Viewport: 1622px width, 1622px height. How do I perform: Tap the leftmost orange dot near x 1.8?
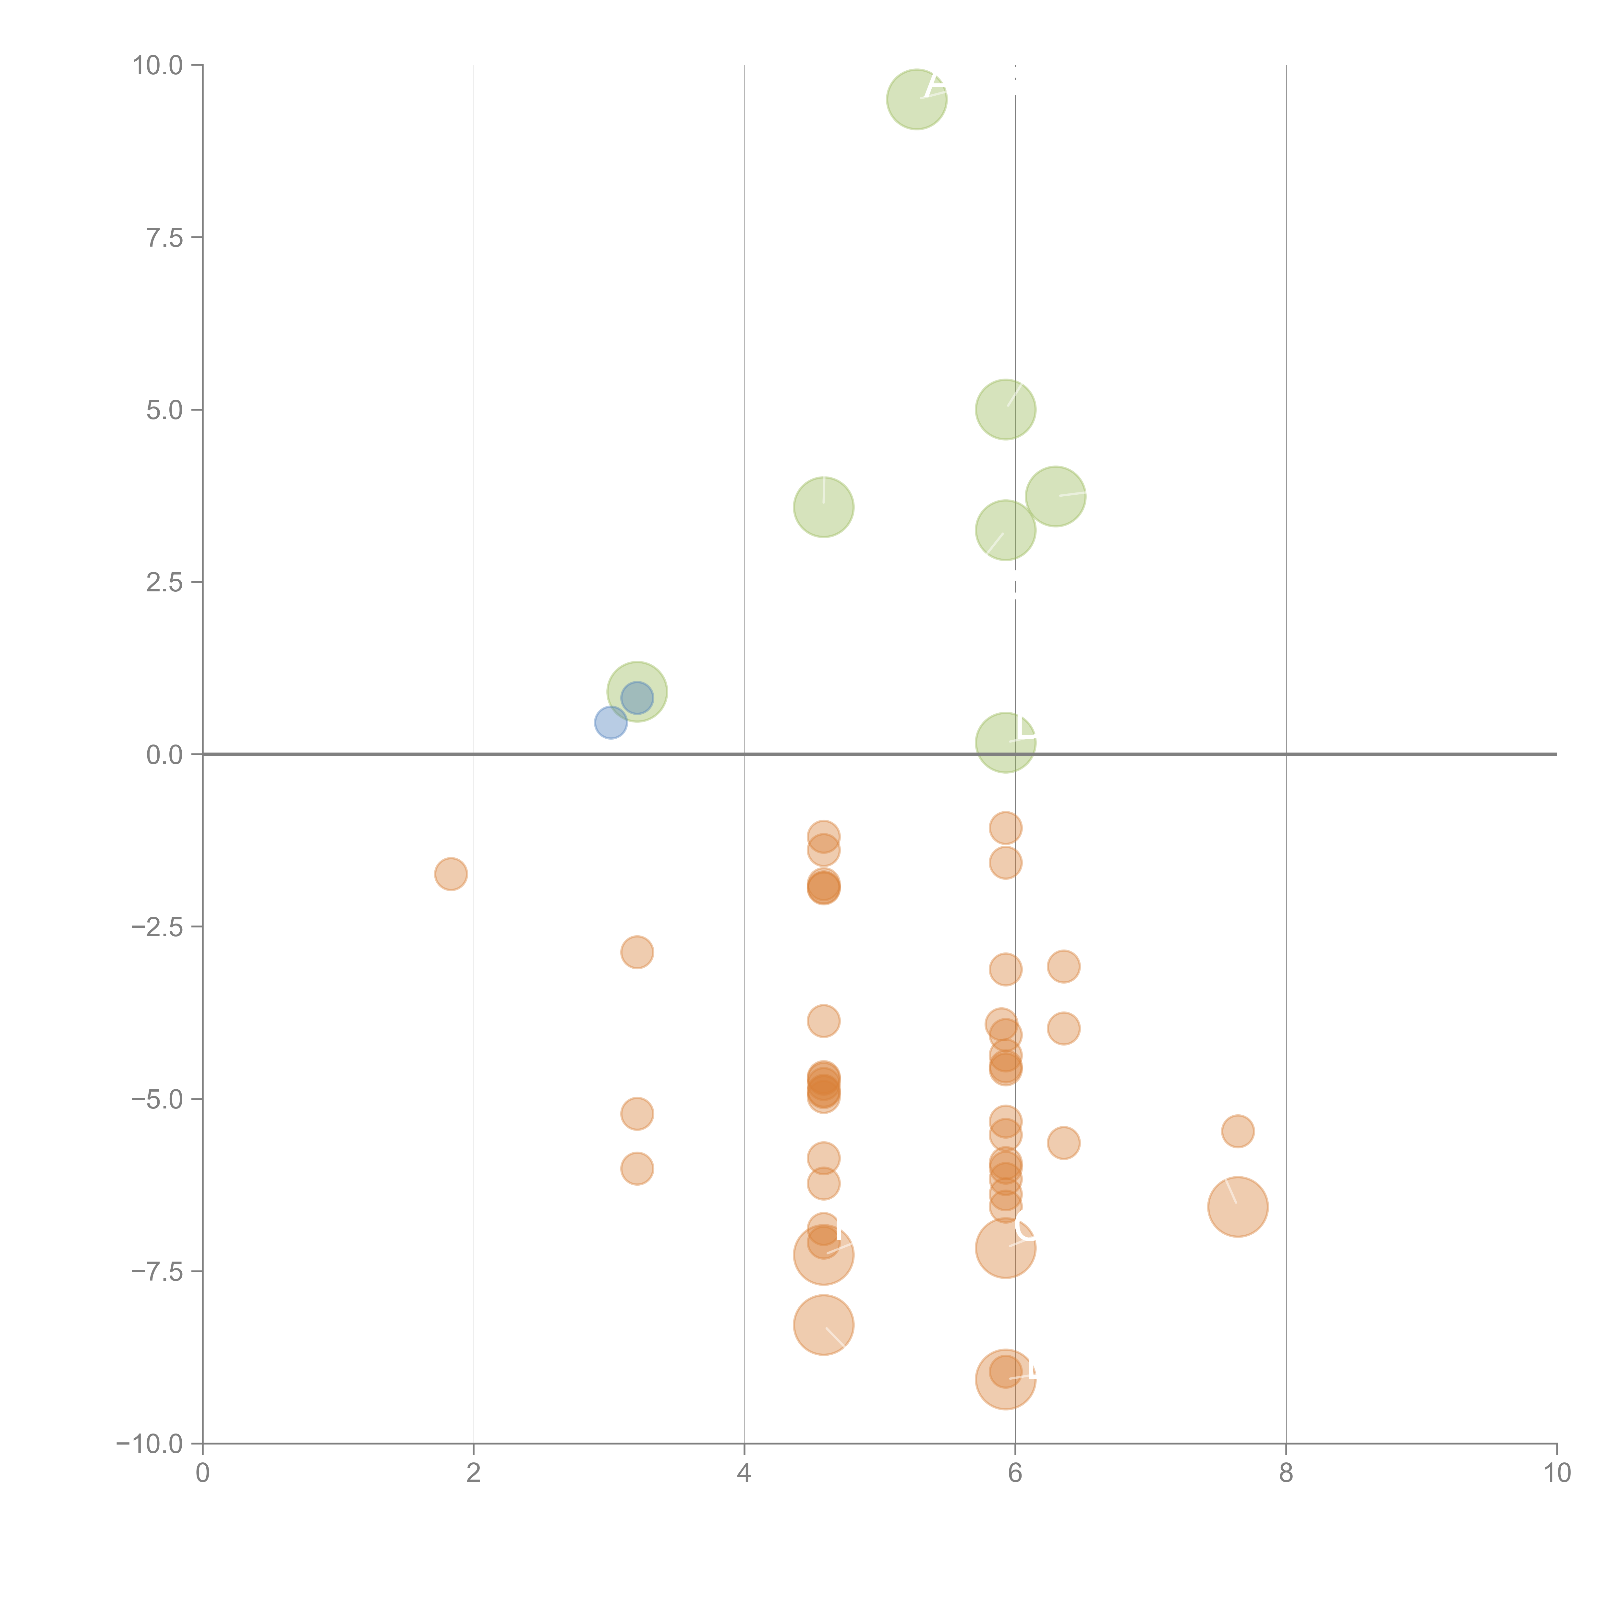(x=451, y=874)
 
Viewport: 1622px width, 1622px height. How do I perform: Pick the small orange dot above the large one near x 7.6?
(x=1238, y=1132)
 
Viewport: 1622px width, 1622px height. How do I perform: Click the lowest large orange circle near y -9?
(x=1005, y=1379)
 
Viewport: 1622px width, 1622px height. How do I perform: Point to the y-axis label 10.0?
(x=158, y=66)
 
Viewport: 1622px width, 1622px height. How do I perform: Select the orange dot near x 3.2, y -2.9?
(x=637, y=952)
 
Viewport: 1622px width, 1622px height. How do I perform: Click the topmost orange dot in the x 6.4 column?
(x=1063, y=966)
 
